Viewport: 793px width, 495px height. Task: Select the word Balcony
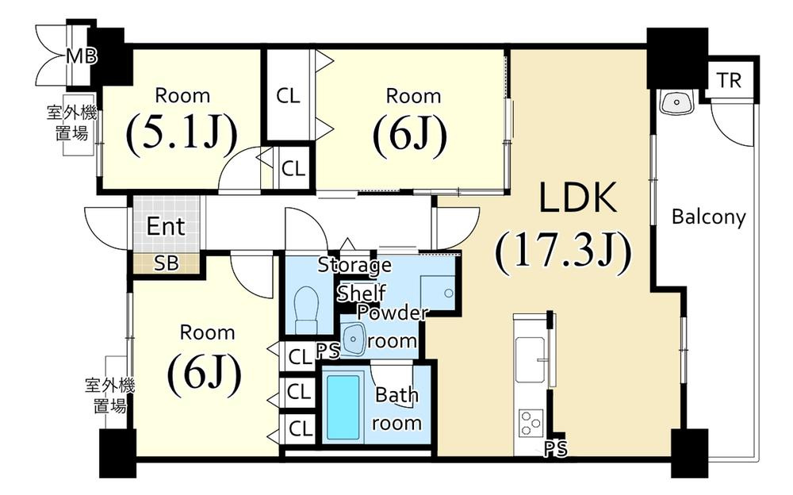point(708,217)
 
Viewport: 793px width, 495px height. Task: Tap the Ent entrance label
point(166,227)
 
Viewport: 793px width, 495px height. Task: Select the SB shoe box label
point(166,263)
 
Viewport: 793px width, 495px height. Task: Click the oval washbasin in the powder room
point(354,339)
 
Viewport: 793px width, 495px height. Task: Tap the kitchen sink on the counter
point(529,358)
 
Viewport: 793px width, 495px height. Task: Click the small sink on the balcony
point(676,102)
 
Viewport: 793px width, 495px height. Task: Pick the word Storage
point(354,265)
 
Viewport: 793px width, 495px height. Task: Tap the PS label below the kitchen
point(556,450)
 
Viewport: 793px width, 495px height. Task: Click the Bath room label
point(396,408)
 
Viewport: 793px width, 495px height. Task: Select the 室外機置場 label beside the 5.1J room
point(71,124)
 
